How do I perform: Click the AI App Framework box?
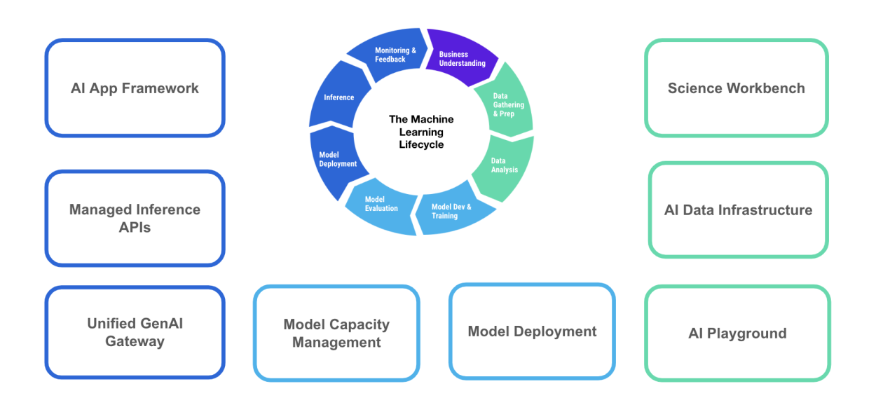click(x=135, y=88)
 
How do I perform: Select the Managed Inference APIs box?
click(x=135, y=219)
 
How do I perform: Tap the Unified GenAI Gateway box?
click(x=135, y=332)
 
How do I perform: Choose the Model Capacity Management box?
click(x=336, y=334)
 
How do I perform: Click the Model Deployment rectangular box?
click(x=532, y=331)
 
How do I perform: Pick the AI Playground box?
click(x=737, y=334)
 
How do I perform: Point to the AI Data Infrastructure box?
click(x=738, y=210)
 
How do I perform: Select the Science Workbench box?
click(x=736, y=88)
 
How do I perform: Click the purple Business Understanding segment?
click(x=461, y=57)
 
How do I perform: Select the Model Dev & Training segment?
click(x=452, y=211)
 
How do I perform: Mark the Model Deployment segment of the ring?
click(x=335, y=160)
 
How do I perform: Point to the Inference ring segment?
click(x=337, y=97)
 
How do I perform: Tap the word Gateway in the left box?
click(x=135, y=342)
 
